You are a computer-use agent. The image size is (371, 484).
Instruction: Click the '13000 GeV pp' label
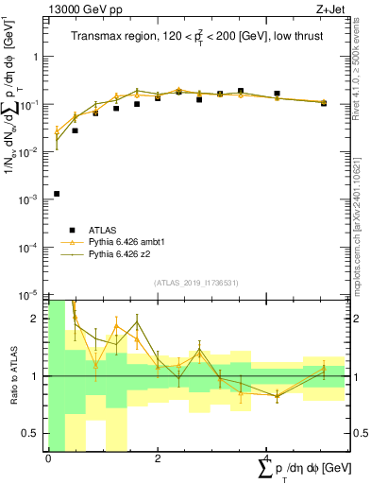(x=77, y=9)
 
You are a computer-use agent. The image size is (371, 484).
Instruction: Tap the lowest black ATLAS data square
(x=57, y=194)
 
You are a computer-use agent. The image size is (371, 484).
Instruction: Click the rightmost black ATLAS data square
(x=324, y=103)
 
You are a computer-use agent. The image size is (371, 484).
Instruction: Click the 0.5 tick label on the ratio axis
(x=33, y=433)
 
